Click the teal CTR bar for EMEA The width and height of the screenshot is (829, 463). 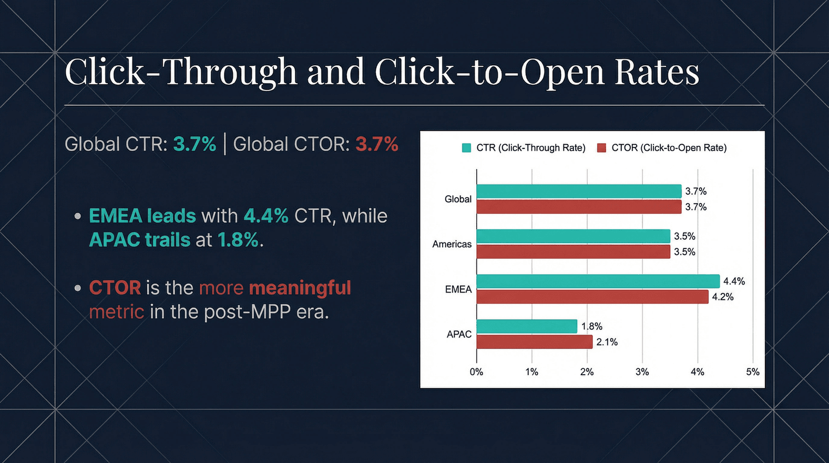click(x=598, y=281)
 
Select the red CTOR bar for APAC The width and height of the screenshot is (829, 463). click(x=534, y=342)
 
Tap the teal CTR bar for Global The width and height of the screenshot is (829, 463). click(x=579, y=192)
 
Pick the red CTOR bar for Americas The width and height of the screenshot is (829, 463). click(x=573, y=252)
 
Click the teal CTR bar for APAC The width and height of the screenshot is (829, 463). click(x=527, y=326)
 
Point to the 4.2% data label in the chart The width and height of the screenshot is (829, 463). click(x=722, y=297)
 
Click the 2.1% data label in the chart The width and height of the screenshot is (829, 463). click(x=607, y=342)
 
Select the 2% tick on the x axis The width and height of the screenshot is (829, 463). click(x=587, y=372)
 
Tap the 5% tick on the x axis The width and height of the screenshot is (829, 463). click(x=752, y=372)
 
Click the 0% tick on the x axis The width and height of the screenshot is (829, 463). click(x=476, y=372)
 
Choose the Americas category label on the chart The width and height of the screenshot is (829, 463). click(x=452, y=244)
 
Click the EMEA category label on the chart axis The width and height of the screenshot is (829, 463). click(x=458, y=289)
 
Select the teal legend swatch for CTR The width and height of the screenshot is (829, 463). click(x=466, y=148)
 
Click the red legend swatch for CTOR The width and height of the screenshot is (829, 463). click(x=601, y=148)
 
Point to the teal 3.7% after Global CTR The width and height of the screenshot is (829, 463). click(x=195, y=144)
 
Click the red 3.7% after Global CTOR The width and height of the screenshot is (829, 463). click(x=376, y=144)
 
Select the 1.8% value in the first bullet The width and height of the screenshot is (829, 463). click(x=238, y=240)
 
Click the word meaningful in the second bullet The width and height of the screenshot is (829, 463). click(x=300, y=288)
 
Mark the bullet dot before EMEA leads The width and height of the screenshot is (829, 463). click(x=78, y=216)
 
